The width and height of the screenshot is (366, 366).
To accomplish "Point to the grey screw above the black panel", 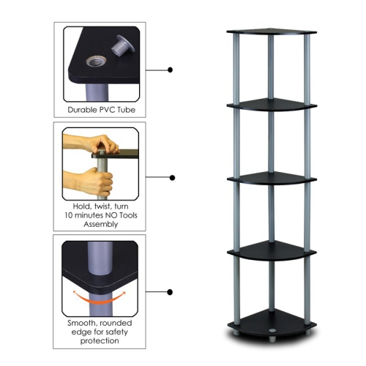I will click(120, 45).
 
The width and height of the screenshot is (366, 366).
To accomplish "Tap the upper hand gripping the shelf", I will click(94, 143).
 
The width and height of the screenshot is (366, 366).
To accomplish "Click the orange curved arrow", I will click(101, 296).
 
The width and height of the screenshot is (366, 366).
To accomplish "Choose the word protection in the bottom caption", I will click(100, 341).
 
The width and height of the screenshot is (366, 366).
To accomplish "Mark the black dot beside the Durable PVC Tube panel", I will click(171, 70).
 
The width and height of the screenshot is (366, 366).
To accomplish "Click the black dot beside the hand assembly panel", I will click(171, 176).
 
